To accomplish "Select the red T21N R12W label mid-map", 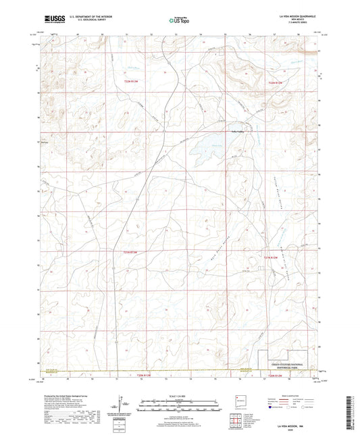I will (x=270, y=257).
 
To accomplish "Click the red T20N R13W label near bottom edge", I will (x=137, y=375).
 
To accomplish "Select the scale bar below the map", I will (x=180, y=406).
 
